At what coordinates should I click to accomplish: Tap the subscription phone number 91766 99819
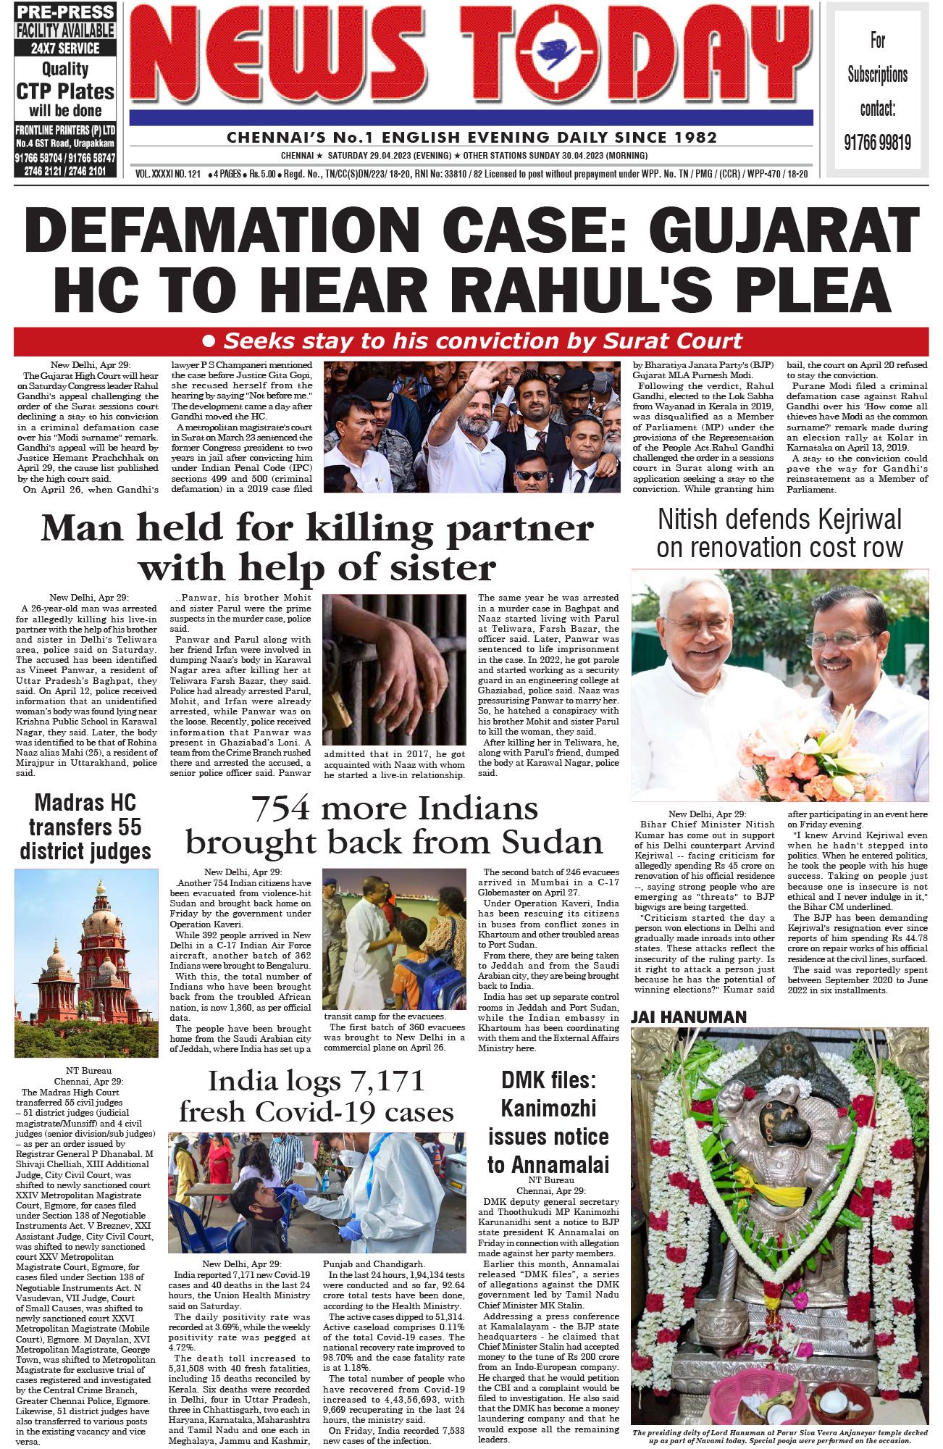coord(877,142)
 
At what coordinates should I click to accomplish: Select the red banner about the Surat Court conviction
coord(471,341)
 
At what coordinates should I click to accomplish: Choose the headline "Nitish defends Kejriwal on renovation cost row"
coord(779,533)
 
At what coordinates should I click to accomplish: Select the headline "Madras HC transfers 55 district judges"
coord(85,827)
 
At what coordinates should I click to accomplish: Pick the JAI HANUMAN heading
coord(688,1017)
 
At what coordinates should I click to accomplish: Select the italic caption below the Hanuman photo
coord(779,1436)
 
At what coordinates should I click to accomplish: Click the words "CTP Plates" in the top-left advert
coord(65,91)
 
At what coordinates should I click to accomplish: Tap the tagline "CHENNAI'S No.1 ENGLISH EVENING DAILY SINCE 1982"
coord(471,137)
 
